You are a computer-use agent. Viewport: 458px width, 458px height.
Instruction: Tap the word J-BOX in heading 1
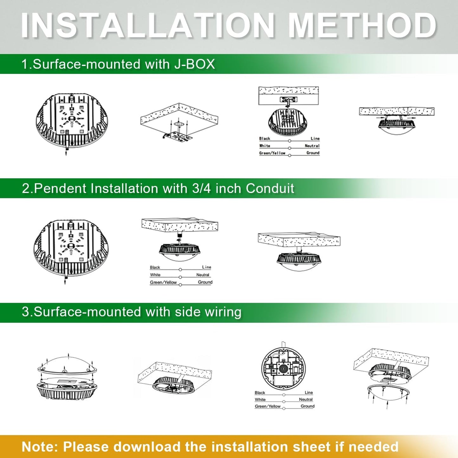[194, 64]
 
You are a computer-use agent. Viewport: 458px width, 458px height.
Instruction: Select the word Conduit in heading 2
[270, 189]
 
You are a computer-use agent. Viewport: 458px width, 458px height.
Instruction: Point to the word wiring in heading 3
[223, 312]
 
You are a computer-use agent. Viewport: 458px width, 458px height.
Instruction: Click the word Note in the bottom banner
[40, 447]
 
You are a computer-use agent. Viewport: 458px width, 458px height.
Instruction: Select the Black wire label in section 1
[265, 139]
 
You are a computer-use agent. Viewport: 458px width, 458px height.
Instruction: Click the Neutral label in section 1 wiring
[312, 146]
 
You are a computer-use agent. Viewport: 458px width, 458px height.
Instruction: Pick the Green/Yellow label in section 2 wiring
[163, 282]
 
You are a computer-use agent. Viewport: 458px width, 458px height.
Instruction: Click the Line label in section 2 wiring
[206, 267]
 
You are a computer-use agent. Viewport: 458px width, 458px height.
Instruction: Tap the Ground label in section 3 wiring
[307, 406]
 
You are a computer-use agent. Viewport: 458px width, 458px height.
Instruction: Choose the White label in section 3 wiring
[260, 399]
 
